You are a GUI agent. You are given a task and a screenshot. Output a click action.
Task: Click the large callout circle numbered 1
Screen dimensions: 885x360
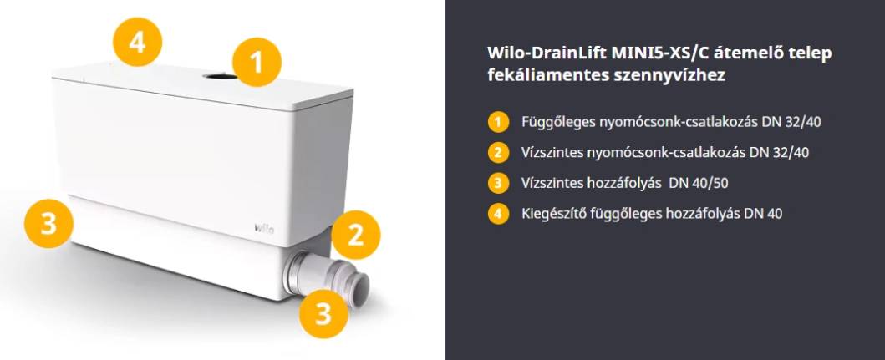coord(257,62)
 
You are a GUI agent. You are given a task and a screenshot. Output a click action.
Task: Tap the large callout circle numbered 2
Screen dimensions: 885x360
coord(355,235)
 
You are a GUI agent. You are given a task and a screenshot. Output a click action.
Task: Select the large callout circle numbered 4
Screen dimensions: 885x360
coord(137,42)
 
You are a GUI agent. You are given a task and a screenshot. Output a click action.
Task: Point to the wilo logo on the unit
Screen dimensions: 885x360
coord(263,229)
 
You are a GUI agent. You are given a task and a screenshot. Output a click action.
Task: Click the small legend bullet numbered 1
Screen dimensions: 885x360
coord(498,122)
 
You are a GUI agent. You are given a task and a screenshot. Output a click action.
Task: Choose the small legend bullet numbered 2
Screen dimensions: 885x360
coord(498,152)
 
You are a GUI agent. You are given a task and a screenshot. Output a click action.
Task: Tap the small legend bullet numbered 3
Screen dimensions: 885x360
coord(498,184)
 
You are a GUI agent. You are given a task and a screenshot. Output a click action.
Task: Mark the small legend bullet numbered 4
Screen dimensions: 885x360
coord(498,215)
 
